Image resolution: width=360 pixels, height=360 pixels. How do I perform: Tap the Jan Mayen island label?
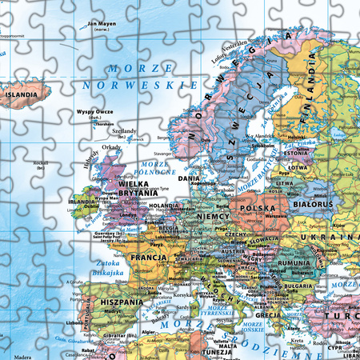click(x=102, y=23)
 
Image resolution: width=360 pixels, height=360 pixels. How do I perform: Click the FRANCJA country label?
click(x=150, y=258)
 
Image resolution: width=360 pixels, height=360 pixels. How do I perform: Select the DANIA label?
click(x=190, y=178)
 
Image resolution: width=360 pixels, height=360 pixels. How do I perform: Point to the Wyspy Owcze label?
click(x=92, y=111)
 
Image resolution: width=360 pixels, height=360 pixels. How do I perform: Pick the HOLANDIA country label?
click(x=165, y=206)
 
